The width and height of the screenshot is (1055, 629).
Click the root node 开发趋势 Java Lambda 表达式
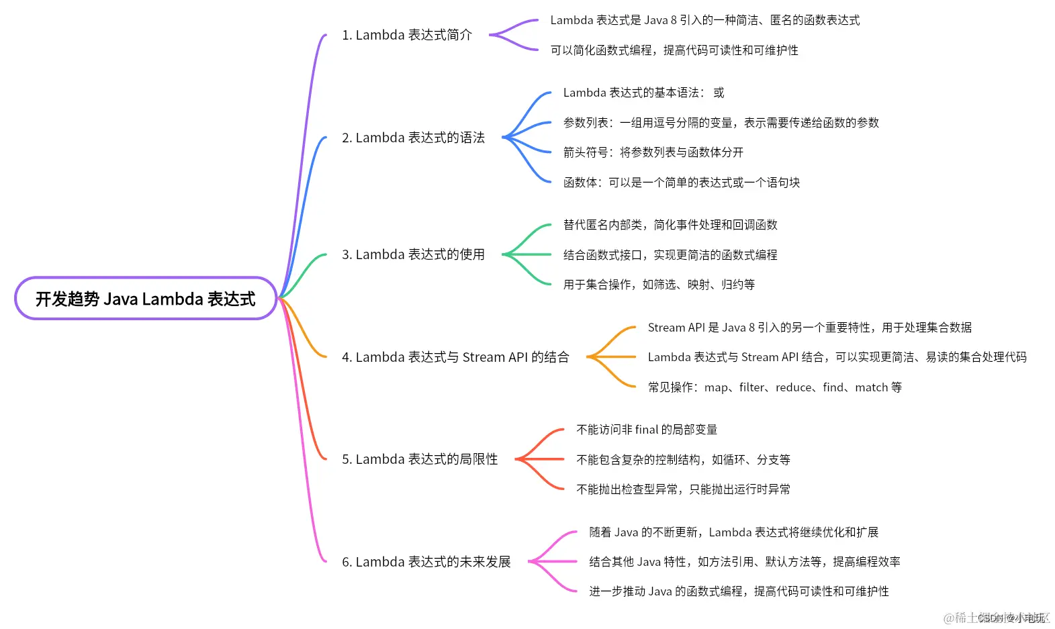tap(145, 299)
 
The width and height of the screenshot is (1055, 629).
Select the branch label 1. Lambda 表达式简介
tap(406, 35)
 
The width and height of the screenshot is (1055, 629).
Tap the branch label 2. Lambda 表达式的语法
tap(413, 138)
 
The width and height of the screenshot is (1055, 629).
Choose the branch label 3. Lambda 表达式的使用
tap(413, 254)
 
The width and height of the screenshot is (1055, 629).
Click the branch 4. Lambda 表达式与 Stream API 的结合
tap(455, 357)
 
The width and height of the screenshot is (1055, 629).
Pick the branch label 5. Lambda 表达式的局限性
tap(420, 459)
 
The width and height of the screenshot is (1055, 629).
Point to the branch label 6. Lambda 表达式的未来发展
tap(426, 562)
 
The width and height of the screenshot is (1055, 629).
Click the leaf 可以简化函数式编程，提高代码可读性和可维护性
tap(674, 50)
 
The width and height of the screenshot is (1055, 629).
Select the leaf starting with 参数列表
tap(721, 123)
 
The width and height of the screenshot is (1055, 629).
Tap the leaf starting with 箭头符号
tap(653, 152)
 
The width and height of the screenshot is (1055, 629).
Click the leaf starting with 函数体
tap(681, 183)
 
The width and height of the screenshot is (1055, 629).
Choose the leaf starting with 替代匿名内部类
tap(670, 225)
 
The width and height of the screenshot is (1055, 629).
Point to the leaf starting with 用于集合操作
tap(659, 285)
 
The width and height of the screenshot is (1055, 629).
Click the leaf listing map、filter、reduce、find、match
tap(774, 387)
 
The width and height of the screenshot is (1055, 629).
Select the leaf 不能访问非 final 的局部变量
tap(647, 430)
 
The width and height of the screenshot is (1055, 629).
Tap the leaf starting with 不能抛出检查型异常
tap(683, 489)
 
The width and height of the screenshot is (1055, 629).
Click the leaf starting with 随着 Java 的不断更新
tap(733, 532)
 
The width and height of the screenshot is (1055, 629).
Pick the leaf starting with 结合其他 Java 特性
tap(744, 562)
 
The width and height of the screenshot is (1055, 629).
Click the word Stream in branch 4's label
tap(484, 357)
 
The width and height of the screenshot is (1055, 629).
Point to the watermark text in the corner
tap(997, 618)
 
